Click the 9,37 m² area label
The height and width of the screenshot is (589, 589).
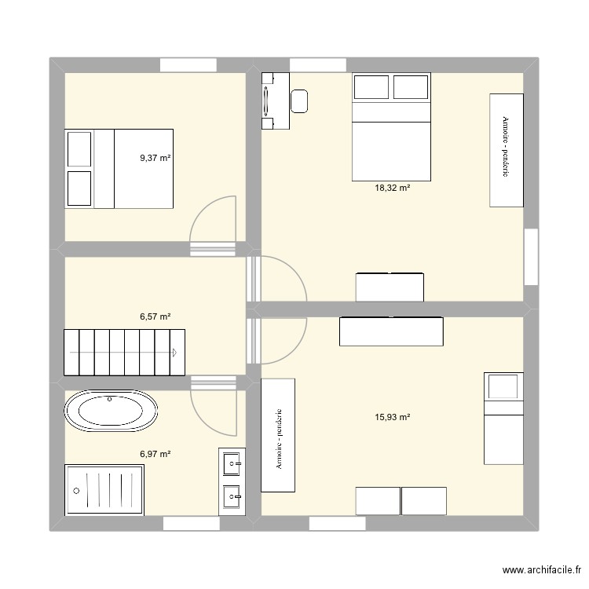155,158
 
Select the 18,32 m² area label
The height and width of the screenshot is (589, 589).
393,188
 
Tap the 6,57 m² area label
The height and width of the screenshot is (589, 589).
155,316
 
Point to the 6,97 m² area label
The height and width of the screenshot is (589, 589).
155,454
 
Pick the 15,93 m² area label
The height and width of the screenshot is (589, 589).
393,417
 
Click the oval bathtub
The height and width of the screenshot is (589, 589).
111,412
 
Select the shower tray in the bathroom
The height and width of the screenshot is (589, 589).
104,490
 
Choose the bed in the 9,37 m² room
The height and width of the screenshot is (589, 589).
119,168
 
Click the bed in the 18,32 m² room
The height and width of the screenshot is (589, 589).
391,126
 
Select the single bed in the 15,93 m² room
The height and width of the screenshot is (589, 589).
503,418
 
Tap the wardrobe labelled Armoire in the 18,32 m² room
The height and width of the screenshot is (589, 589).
507,150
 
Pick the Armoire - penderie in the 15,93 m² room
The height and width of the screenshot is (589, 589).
278,436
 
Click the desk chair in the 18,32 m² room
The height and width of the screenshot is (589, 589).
299,100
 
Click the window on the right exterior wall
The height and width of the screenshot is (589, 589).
532,257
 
